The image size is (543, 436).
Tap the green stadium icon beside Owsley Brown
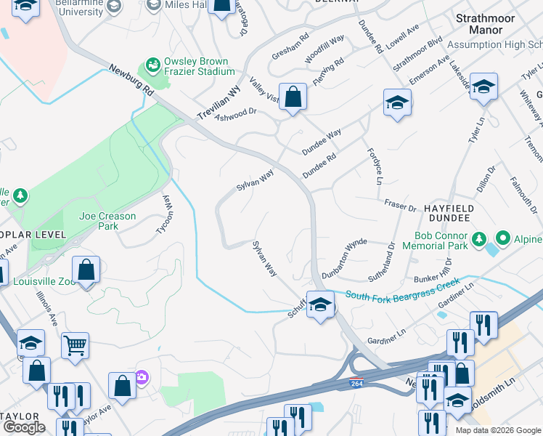click(152, 66)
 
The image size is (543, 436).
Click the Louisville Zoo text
click(38, 282)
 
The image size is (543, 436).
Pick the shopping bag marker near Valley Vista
click(293, 97)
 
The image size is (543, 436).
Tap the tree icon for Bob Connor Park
click(478, 238)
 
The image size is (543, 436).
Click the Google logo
click(24, 427)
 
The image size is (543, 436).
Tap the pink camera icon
click(141, 377)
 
